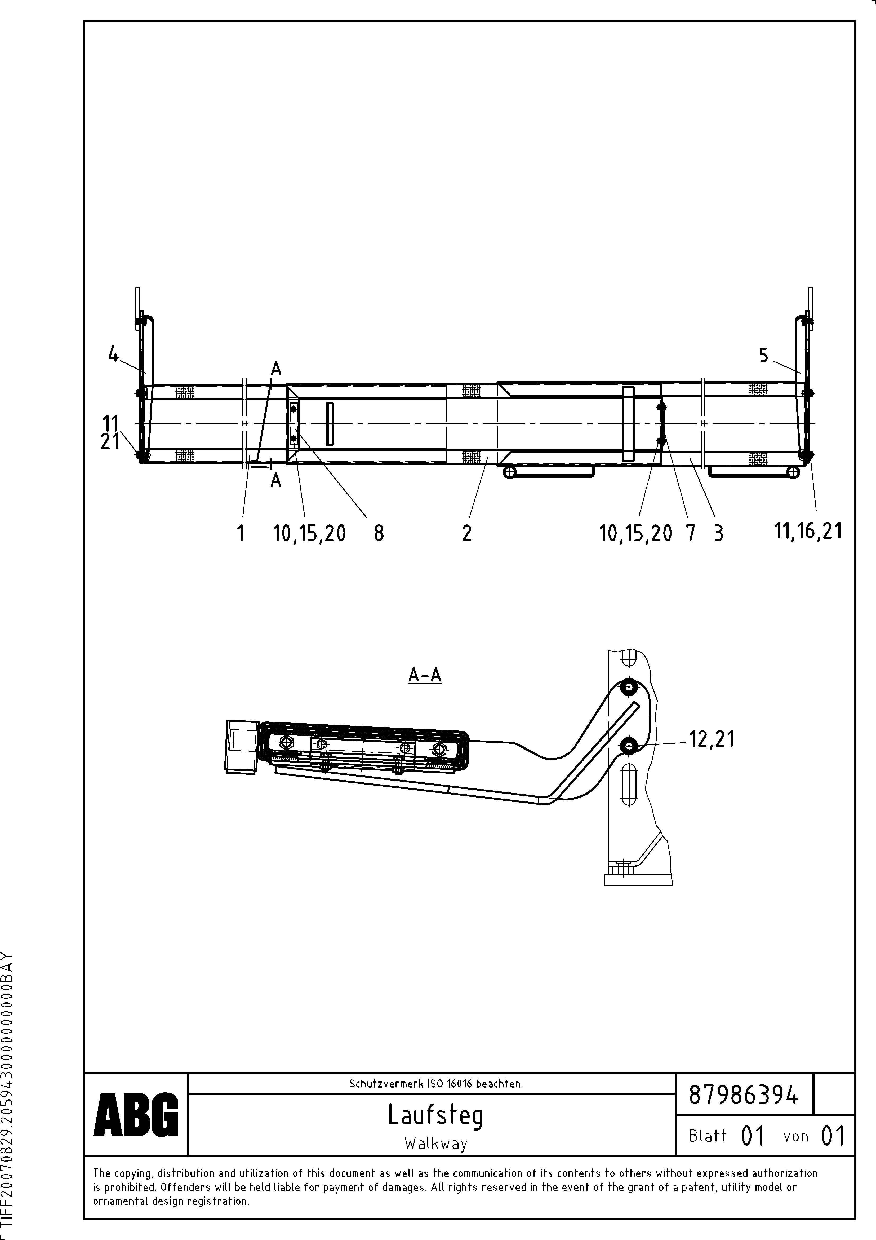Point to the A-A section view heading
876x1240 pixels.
pyautogui.click(x=425, y=674)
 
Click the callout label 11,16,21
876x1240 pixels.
pyautogui.click(x=808, y=531)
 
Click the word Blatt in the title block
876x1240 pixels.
pyautogui.click(x=708, y=1136)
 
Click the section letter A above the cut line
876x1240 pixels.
pyautogui.click(x=276, y=369)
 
